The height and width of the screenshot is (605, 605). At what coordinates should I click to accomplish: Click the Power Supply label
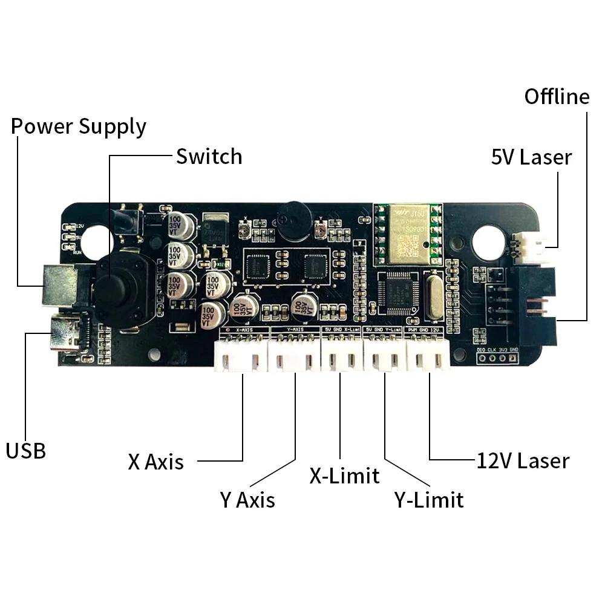pyautogui.click(x=79, y=127)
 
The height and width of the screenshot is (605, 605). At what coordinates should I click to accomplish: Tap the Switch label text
pyautogui.click(x=209, y=157)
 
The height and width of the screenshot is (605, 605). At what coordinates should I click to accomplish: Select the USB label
pyautogui.click(x=26, y=451)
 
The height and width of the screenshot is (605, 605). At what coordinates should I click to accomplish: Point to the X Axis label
pyautogui.click(x=155, y=462)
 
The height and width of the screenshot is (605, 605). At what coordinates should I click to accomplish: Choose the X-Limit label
pyautogui.click(x=344, y=476)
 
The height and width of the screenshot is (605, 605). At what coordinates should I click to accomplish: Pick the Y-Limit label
pyautogui.click(x=429, y=500)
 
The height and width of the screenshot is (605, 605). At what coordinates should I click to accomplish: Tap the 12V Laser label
pyautogui.click(x=523, y=461)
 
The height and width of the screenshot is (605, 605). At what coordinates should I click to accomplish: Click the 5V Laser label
pyautogui.click(x=531, y=157)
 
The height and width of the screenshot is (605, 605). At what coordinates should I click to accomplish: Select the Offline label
pyautogui.click(x=557, y=97)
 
